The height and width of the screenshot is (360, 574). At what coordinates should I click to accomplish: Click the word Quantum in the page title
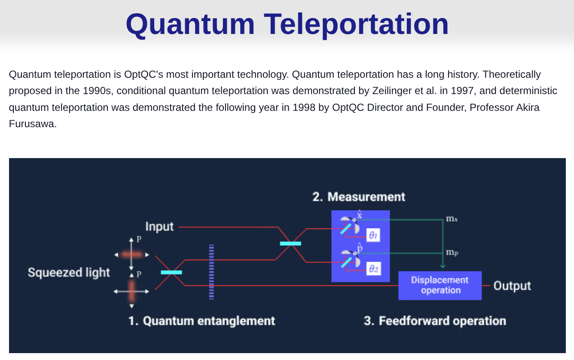point(190,25)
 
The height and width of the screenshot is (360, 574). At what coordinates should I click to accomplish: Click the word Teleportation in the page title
point(356,24)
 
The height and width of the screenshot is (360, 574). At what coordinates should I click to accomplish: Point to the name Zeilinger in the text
point(393,91)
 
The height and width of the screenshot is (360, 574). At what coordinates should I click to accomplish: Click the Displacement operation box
point(440,285)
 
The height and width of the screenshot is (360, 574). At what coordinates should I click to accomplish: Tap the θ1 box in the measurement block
point(373,235)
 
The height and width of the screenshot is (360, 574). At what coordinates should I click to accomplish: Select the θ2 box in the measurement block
point(374,269)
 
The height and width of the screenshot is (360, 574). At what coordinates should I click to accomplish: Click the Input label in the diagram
point(159,227)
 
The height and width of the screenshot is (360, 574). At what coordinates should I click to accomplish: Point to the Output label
point(512,286)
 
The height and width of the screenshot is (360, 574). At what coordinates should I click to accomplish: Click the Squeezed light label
point(69,272)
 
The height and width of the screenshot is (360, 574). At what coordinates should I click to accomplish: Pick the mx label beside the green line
point(452,219)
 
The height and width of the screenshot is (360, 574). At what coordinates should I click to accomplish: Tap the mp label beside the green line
point(452,253)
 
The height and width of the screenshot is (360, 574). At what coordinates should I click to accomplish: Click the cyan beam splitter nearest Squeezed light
point(171,272)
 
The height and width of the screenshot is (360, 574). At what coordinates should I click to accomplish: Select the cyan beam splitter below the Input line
point(290,244)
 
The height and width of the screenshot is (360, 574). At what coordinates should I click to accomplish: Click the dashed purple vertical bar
point(211,272)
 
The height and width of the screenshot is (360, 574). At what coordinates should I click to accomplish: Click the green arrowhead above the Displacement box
point(443,266)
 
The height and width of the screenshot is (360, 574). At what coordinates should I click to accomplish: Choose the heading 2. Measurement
point(359,197)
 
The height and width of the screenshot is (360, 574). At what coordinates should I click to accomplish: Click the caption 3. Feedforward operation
point(435,321)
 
